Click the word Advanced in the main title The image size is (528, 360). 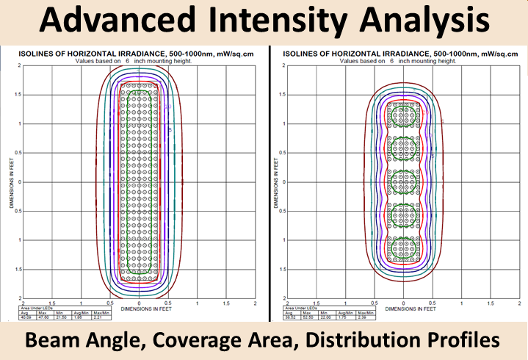[122, 23]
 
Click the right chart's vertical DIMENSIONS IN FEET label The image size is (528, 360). [274, 181]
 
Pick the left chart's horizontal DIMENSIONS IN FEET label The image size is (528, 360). [140, 307]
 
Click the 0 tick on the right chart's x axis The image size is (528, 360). [403, 302]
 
